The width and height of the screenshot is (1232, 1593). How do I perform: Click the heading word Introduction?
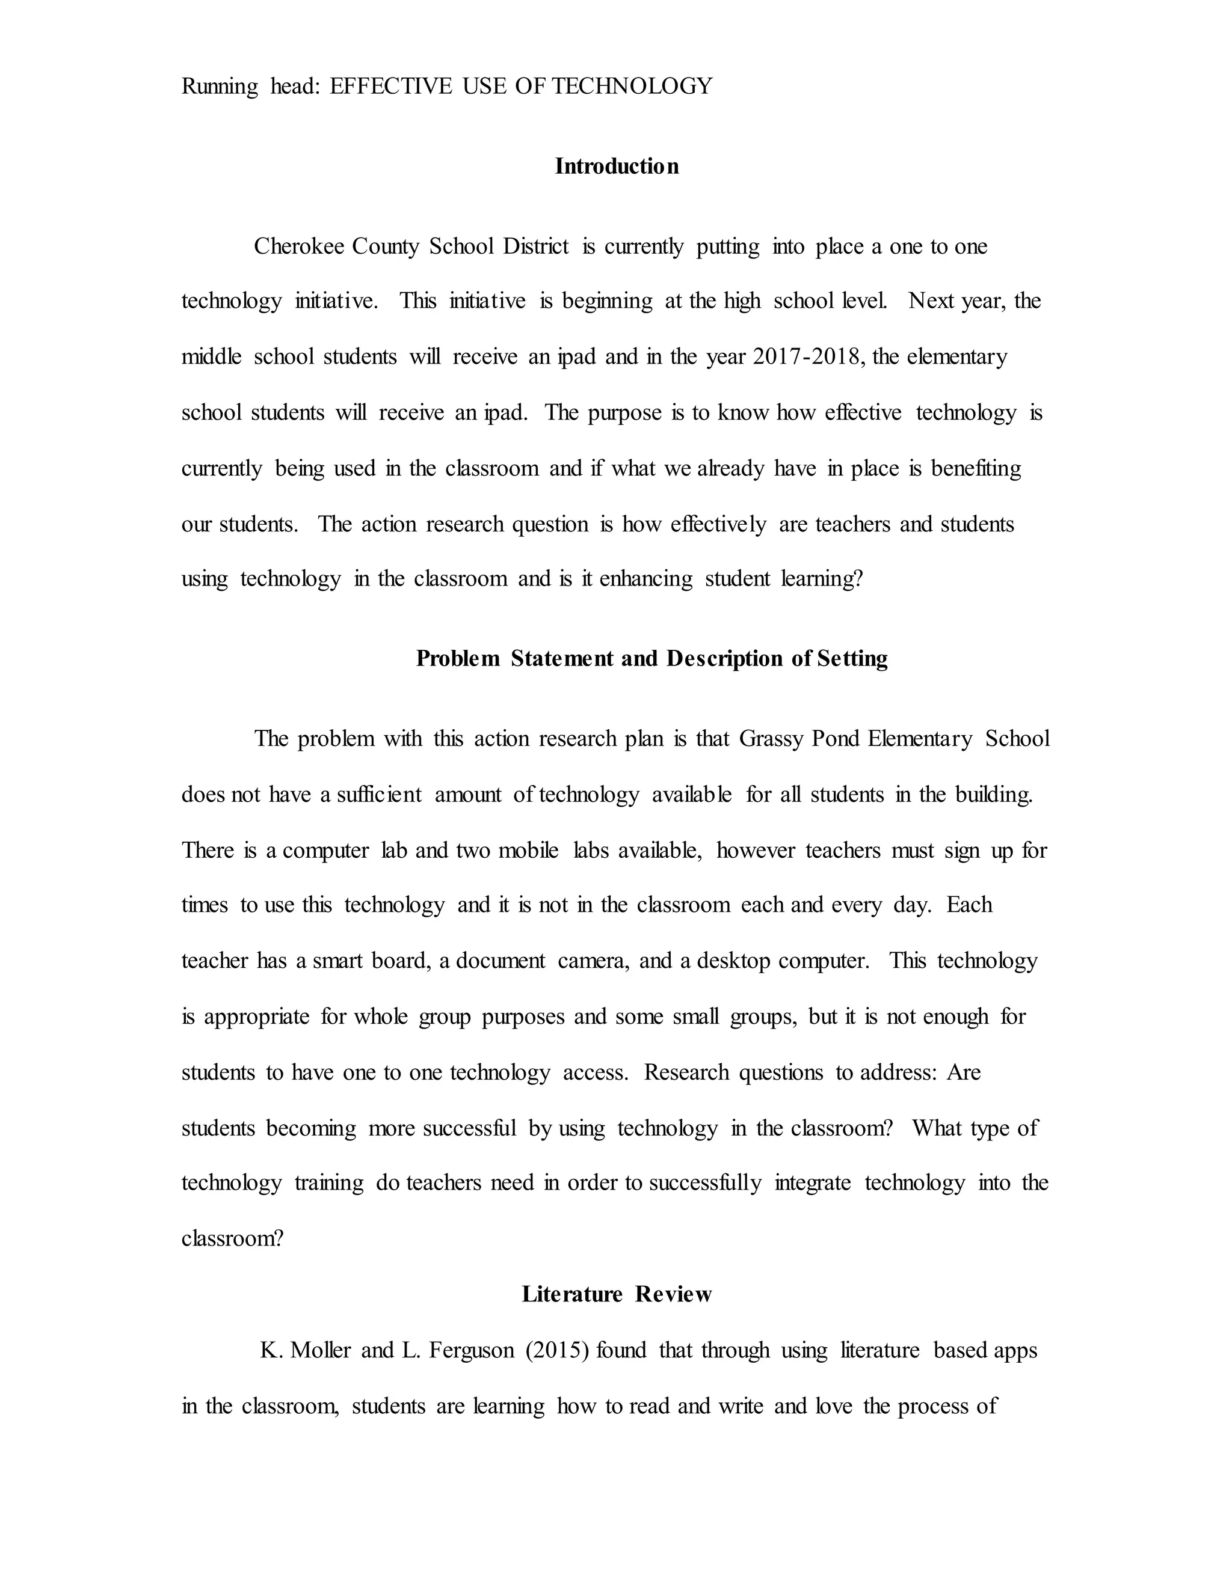click(x=617, y=167)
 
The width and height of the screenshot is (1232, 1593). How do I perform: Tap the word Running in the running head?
click(x=219, y=87)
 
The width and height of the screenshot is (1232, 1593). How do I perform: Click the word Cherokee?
click(x=298, y=246)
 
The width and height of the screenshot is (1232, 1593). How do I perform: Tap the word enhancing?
click(x=646, y=579)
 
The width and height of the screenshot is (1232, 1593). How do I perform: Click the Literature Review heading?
click(x=617, y=1294)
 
